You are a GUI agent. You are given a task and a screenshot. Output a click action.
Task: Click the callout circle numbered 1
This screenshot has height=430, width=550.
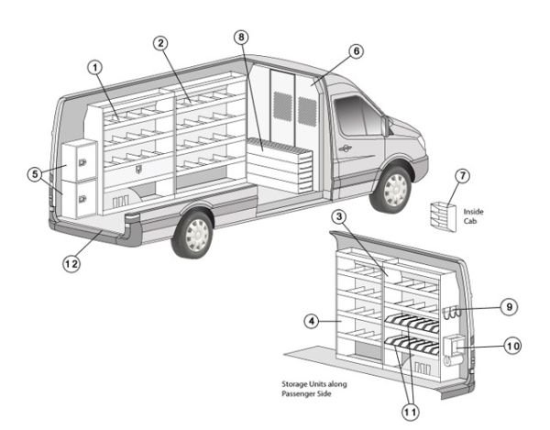pyautogui.click(x=93, y=66)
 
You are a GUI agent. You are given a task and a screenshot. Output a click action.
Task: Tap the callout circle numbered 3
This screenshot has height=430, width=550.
pyautogui.click(x=339, y=216)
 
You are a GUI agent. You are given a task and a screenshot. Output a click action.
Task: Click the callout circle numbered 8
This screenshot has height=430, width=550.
pyautogui.click(x=241, y=38)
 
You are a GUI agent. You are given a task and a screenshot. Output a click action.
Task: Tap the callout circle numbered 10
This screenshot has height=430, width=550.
pyautogui.click(x=511, y=347)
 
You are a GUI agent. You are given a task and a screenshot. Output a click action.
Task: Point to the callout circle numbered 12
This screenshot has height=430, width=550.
pyautogui.click(x=69, y=263)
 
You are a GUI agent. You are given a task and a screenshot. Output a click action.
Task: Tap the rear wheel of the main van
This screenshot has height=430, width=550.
pyautogui.click(x=194, y=233)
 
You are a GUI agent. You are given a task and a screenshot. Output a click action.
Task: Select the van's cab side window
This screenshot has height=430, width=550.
pyautogui.click(x=357, y=116)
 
